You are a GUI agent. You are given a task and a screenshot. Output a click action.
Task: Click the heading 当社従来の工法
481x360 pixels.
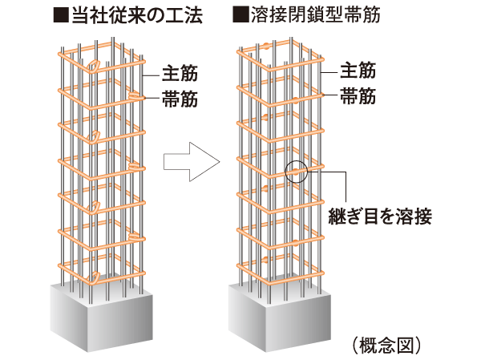click(131, 14)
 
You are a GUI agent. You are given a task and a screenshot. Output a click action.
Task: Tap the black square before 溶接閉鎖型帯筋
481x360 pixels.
click(238, 14)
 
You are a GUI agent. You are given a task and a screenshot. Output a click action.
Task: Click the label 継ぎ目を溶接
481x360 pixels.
click(380, 216)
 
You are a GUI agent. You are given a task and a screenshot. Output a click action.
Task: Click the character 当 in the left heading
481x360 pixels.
click(78, 14)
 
